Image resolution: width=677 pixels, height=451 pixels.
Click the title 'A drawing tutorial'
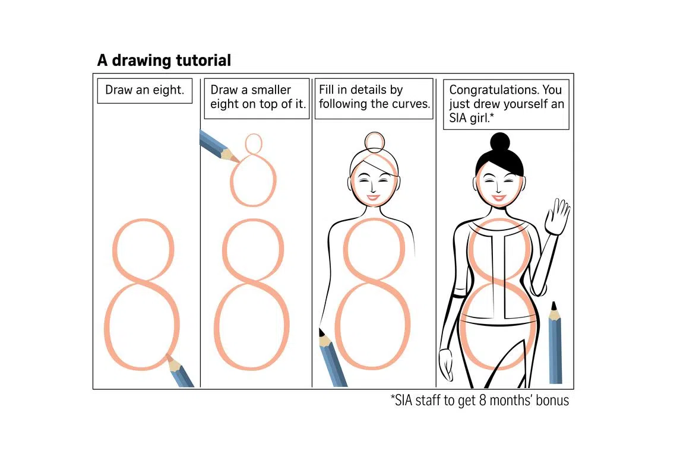tap(164, 61)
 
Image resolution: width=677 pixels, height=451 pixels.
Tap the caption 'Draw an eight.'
tap(145, 90)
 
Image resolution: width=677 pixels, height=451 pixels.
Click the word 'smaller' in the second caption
tap(271, 90)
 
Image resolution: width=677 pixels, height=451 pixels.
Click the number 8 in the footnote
tap(482, 401)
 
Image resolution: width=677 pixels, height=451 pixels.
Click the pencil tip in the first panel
tap(168, 357)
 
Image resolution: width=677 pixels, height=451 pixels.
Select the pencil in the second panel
tap(220, 147)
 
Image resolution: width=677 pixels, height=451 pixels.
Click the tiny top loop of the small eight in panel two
tap(254, 143)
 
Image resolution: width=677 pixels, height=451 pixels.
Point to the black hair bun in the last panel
tap(500, 142)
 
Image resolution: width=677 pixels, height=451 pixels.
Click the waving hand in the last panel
tap(558, 216)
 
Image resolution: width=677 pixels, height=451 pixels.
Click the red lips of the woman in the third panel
tap(373, 198)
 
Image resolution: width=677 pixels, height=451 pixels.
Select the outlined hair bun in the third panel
tap(374, 142)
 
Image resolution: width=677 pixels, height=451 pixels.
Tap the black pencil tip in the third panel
tap(321, 332)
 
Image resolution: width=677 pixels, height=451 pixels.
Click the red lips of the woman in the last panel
tap(499, 198)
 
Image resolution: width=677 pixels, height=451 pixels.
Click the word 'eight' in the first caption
tap(165, 90)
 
